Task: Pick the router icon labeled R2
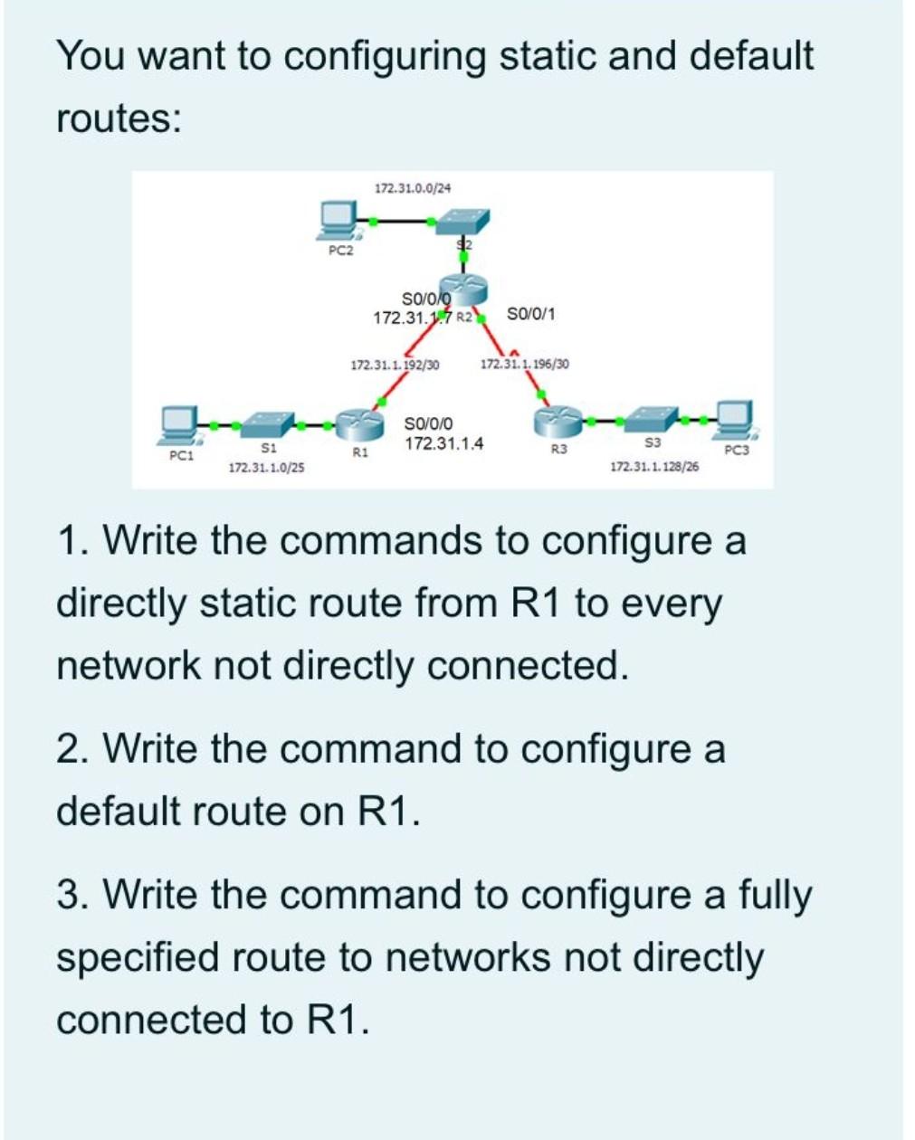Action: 465,290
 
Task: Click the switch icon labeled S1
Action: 268,423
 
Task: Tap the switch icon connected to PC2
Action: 461,221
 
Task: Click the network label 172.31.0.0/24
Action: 413,188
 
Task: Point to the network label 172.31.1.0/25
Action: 266,468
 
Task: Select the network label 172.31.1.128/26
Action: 654,467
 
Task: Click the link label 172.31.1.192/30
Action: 395,365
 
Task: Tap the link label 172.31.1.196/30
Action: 525,364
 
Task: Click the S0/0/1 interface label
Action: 531,314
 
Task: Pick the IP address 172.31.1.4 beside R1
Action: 443,443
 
